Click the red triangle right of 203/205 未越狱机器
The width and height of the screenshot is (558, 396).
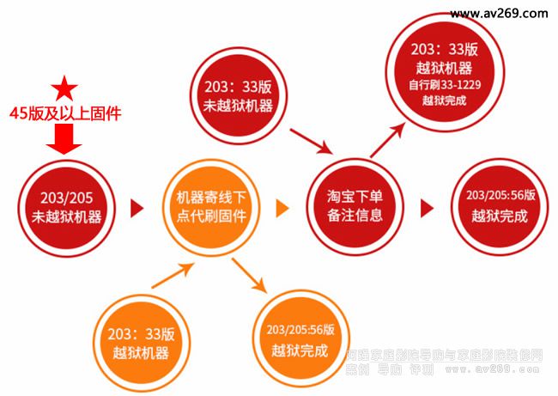(135, 208)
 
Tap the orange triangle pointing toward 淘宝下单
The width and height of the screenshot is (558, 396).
(282, 208)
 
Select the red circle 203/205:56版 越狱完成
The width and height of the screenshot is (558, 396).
(494, 207)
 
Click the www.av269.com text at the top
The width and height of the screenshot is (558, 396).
(498, 14)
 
